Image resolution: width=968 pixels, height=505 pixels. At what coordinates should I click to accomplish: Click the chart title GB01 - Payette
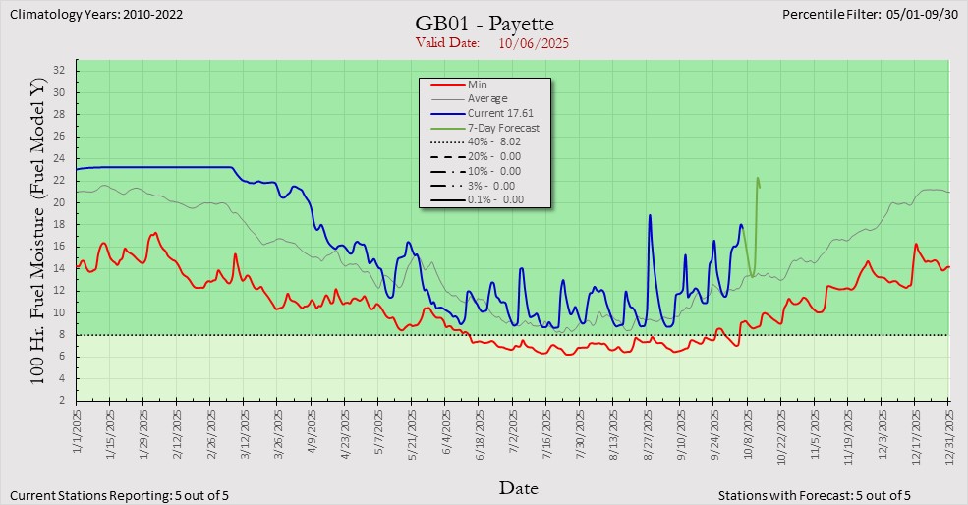[x=484, y=25]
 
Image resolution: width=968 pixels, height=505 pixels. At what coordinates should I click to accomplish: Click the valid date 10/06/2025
[x=534, y=43]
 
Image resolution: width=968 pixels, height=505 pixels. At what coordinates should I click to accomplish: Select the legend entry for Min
[x=477, y=85]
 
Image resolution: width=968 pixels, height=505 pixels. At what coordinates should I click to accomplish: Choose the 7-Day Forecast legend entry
[x=503, y=128]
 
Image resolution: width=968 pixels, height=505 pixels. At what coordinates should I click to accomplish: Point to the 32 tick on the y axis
[x=58, y=70]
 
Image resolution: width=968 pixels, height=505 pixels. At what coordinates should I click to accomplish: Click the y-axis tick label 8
[x=61, y=335]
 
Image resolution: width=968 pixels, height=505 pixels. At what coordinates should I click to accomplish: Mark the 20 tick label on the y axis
[x=58, y=202]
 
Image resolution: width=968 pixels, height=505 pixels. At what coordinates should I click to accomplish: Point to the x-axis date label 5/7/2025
[x=378, y=432]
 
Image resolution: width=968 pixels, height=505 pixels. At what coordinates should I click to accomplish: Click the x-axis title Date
[x=518, y=488]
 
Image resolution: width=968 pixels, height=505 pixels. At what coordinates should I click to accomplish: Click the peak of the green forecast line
[x=757, y=178]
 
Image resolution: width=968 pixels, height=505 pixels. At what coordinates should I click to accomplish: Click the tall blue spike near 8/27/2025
[x=650, y=215]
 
